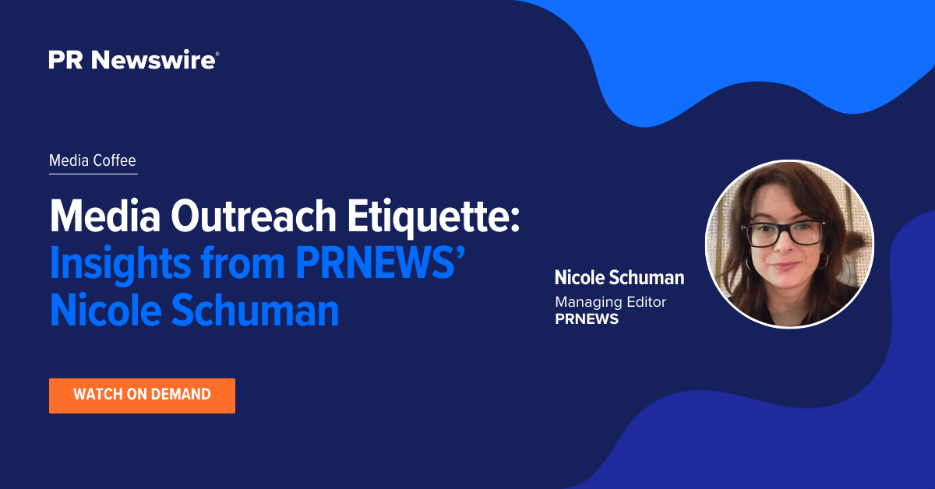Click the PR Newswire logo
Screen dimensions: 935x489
coord(133,60)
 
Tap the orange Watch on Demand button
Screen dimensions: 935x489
coord(142,396)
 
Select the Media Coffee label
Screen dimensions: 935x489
coord(93,160)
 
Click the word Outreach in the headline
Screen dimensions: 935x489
coord(253,216)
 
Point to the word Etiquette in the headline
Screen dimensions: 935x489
coord(434,218)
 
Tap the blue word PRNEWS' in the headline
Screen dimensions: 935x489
coord(380,263)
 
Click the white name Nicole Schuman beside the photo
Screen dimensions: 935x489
coord(619,277)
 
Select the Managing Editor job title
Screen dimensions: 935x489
coord(610,301)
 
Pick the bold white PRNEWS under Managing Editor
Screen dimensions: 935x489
coord(587,319)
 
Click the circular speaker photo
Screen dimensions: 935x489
coord(789,244)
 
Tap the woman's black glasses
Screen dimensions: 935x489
coord(782,233)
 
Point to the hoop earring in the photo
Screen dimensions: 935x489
coord(823,260)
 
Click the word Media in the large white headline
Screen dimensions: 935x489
coord(105,216)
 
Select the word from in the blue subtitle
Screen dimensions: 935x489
coord(243,263)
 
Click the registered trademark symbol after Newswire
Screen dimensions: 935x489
coord(217,54)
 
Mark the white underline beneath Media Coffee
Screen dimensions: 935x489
coord(93,174)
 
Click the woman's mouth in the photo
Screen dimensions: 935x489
coord(785,266)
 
